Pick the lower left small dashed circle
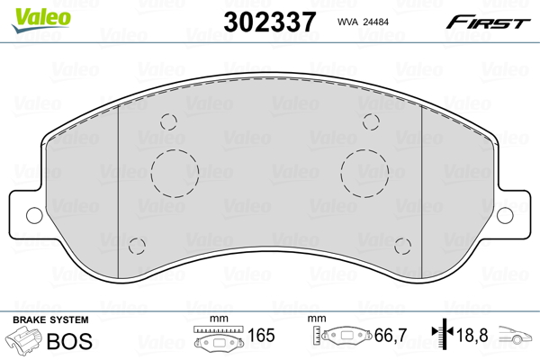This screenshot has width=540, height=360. point(138,246)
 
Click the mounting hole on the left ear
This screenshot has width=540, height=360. point(34,214)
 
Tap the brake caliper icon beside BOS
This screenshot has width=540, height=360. point(24,341)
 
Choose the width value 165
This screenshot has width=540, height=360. point(260,337)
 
